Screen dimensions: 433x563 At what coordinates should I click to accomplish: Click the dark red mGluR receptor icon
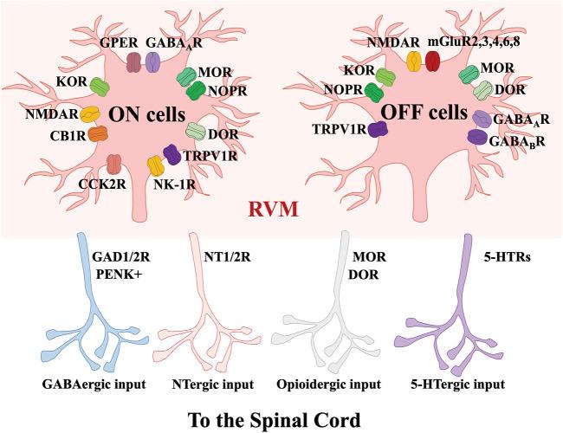coord(432,61)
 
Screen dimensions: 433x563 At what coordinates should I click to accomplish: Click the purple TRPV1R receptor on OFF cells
coord(378,130)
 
